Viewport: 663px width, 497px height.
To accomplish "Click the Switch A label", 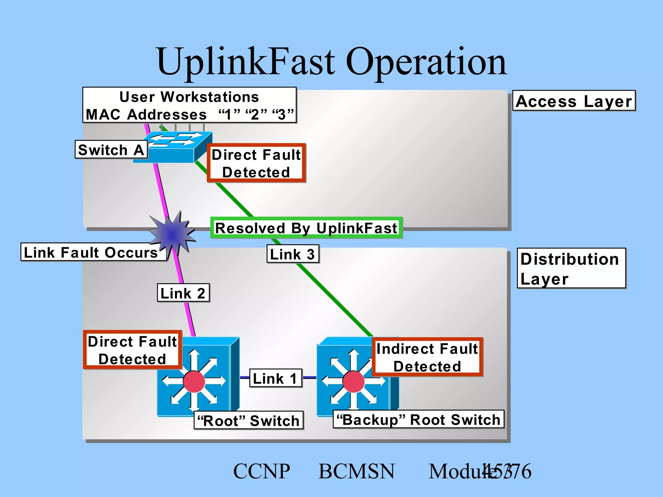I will coord(111,149).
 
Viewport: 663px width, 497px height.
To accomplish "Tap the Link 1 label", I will coord(275,378).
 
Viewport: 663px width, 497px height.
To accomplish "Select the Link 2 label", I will coord(183,293).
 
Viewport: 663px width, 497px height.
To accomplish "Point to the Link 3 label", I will coord(293,254).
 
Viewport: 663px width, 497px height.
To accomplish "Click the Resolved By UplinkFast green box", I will coord(306,228).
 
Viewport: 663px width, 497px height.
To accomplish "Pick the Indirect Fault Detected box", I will coord(427,357).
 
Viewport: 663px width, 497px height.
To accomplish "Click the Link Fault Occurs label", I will coord(93,252).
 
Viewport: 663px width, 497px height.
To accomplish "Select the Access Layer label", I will coord(574,101).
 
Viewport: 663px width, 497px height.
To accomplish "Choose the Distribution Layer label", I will coord(571,268).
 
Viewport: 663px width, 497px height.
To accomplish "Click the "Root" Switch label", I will coord(248,420).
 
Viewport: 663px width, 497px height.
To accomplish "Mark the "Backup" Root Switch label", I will coord(418,419).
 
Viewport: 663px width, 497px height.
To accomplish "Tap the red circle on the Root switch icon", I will coord(194,381).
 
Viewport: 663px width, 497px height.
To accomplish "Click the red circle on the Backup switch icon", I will coord(354,382).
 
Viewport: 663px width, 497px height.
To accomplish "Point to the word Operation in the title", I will coord(426,61).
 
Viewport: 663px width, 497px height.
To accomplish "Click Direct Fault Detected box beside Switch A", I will coord(256,163).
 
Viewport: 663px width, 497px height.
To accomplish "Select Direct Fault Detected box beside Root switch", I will coord(132,350).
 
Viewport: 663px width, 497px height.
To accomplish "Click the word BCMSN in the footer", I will coord(356,471).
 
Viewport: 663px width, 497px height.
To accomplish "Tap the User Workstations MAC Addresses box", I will coord(189,105).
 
